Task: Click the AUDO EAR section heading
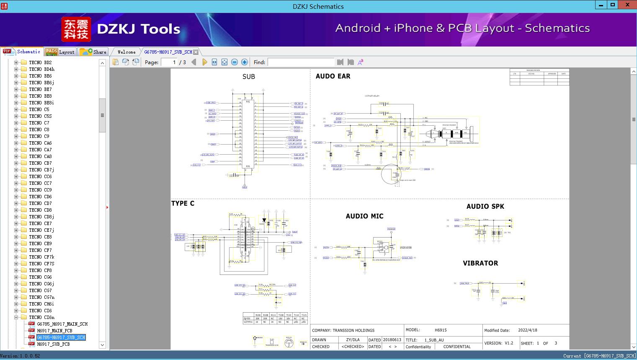(333, 76)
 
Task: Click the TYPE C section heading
(183, 203)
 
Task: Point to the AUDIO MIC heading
(364, 216)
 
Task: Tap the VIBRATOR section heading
(480, 263)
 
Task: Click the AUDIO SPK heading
(485, 206)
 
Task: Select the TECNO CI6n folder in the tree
(41, 317)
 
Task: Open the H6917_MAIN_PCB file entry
(54, 331)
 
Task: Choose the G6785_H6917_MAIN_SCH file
(62, 324)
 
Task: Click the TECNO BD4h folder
(41, 69)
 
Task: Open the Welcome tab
(126, 52)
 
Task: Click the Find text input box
(301, 62)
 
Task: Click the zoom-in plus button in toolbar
(245, 62)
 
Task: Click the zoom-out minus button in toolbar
(235, 62)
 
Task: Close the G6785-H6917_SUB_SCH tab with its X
(196, 52)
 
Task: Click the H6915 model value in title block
(441, 330)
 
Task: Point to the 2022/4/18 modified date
(527, 330)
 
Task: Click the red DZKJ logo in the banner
(76, 29)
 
